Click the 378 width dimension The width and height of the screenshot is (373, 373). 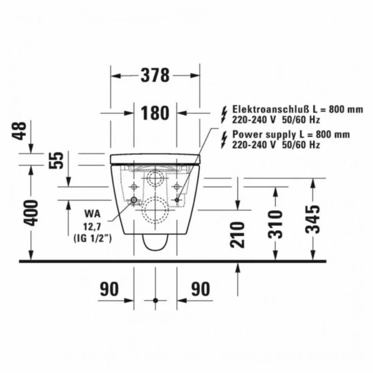155,75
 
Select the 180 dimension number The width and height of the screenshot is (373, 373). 155,113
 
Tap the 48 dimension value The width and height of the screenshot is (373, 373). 19,131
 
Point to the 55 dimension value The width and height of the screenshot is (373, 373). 56,160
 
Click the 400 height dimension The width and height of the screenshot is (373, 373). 31,213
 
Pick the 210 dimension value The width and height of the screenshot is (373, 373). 238,235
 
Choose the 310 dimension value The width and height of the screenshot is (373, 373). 275,224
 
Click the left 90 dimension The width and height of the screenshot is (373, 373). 109,289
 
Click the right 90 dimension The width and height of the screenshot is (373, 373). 201,289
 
